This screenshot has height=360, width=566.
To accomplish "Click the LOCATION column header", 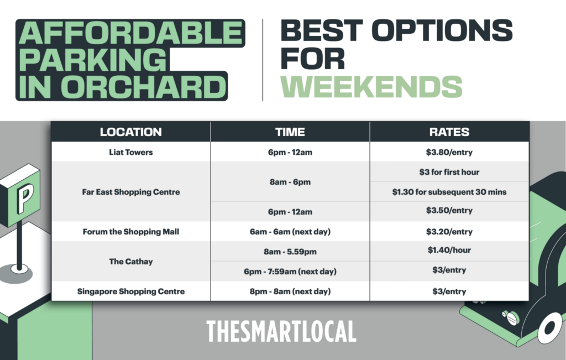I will click(130, 132).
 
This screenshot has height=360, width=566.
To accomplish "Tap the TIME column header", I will click(290, 132).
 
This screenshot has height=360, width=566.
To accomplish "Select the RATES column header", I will click(449, 132).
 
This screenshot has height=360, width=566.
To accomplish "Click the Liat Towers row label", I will click(130, 152).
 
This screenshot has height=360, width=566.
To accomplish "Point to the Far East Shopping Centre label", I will click(130, 192).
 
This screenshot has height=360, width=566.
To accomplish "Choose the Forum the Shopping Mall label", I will click(130, 232).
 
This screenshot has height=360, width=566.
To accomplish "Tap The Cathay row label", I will click(130, 261).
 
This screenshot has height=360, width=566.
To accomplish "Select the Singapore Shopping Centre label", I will click(130, 291).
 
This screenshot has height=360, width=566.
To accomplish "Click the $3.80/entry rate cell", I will click(449, 152).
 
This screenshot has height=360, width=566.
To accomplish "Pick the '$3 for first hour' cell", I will click(449, 172).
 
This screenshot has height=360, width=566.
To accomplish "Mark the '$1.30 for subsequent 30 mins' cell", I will click(449, 192).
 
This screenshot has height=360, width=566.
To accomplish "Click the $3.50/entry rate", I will click(449, 211).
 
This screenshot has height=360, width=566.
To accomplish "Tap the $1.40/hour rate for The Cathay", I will click(449, 250).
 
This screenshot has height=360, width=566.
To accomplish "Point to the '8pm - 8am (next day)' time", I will click(290, 291).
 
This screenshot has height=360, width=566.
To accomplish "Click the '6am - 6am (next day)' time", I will click(290, 232).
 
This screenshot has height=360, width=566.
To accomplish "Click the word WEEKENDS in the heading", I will click(371, 86).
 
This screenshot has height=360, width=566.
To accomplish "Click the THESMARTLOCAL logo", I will click(281, 331).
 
